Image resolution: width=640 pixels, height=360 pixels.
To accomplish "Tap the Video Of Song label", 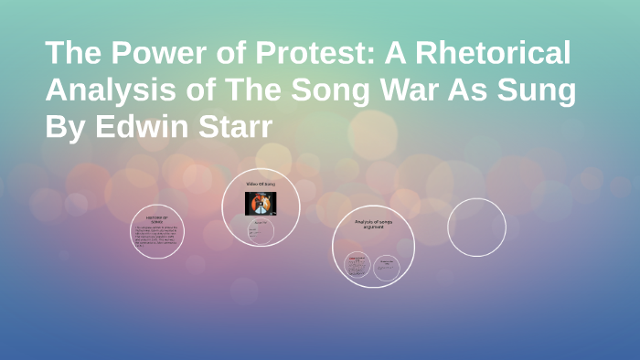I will tap(261, 185).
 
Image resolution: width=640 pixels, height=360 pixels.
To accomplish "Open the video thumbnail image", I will tap(261, 202).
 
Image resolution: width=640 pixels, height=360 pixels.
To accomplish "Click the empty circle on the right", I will tap(476, 228).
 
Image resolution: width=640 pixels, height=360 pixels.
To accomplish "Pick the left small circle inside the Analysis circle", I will tap(357, 266).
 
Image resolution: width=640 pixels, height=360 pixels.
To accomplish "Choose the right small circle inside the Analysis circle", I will tap(387, 266).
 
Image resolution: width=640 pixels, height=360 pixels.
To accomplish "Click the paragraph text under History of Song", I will tap(156, 237).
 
